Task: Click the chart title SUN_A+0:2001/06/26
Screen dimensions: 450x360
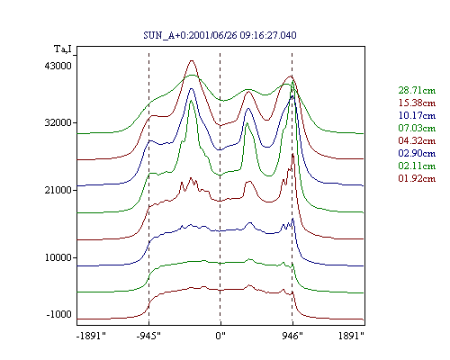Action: [190, 35]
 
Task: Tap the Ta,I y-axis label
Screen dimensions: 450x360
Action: [62, 49]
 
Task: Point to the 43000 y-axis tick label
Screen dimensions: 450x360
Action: [58, 66]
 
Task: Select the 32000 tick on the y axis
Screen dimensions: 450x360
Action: [58, 122]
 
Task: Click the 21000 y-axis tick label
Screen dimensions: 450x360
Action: [58, 190]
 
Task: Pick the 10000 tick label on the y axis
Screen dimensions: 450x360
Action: [58, 257]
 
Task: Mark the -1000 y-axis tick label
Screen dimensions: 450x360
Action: [59, 314]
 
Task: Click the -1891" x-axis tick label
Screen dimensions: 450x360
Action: [91, 336]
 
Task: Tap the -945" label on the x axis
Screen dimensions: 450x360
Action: [148, 336]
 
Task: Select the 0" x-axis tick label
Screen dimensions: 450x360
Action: [220, 336]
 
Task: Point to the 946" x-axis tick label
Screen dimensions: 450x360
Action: [292, 336]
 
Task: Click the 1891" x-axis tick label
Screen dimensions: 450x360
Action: [351, 336]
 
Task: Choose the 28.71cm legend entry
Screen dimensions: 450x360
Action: [417, 90]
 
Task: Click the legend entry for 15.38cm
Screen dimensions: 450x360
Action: [417, 103]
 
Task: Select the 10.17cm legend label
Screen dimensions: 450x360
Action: [417, 115]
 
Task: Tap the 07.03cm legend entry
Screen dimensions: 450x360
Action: [417, 128]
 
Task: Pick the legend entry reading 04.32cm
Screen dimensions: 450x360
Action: [417, 140]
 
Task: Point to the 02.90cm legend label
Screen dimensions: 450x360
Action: [417, 153]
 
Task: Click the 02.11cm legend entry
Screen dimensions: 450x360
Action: [417, 166]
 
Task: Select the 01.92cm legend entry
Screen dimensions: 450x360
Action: [417, 178]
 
